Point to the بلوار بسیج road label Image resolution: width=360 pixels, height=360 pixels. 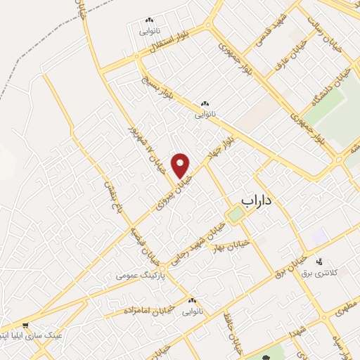point(155,86)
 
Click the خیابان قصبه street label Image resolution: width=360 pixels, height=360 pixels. point(139,238)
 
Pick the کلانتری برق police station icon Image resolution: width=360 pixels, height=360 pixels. point(325,261)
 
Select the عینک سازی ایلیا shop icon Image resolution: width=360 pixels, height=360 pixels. point(26,325)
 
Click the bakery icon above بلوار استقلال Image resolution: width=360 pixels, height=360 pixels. point(148,21)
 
